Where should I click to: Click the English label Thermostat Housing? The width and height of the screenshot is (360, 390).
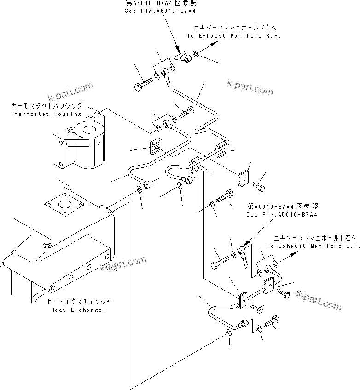pos(45,114)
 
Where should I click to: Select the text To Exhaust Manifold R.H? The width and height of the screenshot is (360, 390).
pos(233,35)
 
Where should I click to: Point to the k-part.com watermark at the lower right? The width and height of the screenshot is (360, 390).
pos(319,301)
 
